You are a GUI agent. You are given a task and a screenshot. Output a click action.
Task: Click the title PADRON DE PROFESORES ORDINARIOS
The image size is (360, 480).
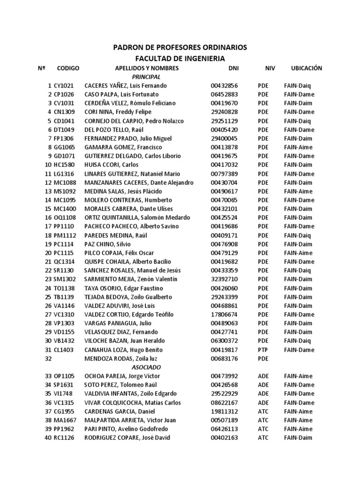point(180,48)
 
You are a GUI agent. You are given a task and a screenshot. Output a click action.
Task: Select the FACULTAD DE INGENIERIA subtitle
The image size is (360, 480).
point(180,59)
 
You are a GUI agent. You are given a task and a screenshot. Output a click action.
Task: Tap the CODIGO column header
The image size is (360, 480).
point(68,68)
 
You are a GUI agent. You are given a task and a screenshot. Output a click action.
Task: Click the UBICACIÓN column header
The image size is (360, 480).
point(307,68)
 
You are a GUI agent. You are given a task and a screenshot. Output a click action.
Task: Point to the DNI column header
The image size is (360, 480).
point(233,68)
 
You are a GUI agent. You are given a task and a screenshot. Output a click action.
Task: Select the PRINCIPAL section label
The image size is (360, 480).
point(146,77)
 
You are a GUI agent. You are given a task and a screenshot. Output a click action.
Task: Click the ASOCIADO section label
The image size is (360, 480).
point(146,367)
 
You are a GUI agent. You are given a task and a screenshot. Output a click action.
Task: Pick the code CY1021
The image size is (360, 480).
point(64,86)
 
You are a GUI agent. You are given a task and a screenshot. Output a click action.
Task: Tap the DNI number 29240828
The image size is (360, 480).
point(224,112)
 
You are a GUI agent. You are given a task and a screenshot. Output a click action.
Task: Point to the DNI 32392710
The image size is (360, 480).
point(224,279)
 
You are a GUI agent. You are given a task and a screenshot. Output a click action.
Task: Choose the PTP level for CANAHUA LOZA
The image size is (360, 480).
point(263,350)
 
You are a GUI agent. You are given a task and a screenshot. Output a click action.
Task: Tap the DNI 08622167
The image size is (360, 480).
point(224,403)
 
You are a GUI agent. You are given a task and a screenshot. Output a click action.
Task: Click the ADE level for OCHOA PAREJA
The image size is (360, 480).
point(263,376)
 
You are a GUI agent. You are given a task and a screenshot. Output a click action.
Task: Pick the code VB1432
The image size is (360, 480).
point(64,341)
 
